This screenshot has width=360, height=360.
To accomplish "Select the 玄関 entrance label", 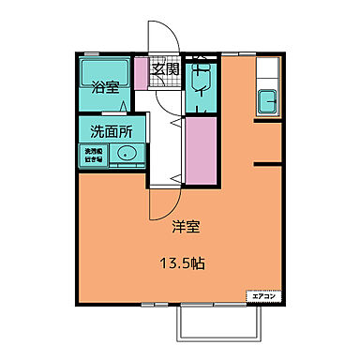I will (166, 68).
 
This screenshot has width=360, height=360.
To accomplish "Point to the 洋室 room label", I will (184, 226).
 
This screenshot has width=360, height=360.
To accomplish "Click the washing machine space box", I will (94, 156).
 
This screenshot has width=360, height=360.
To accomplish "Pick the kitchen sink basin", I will (266, 98).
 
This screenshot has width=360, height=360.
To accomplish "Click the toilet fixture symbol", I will (201, 82).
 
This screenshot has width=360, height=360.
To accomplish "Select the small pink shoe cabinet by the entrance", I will (142, 71).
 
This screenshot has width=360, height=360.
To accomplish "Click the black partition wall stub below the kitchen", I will (266, 163).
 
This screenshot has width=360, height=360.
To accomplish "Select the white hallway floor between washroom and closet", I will (168, 141).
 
